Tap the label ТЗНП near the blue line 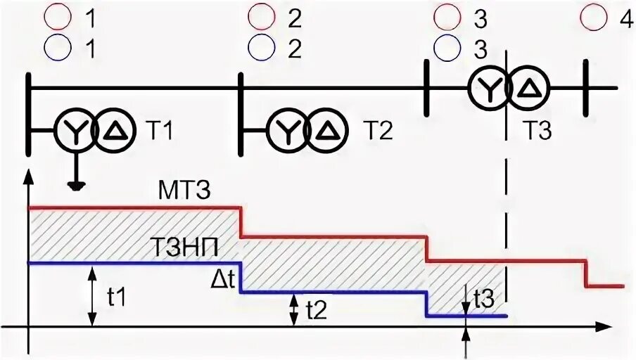click(181, 248)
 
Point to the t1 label click(117, 298)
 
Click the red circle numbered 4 click(595, 17)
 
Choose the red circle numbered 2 click(261, 17)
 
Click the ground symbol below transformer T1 click(73, 186)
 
